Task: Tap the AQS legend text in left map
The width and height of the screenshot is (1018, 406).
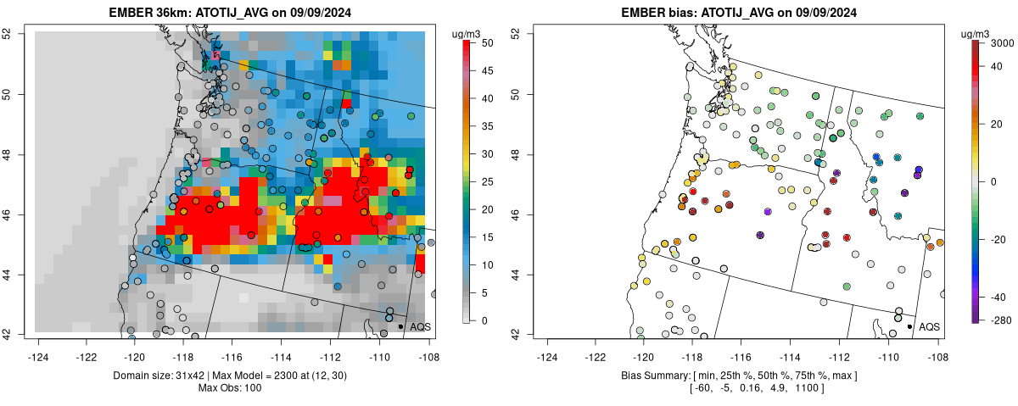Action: coord(421,326)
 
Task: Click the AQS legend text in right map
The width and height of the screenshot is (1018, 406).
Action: coord(930,326)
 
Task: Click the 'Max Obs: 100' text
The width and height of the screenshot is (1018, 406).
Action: coord(232,387)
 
